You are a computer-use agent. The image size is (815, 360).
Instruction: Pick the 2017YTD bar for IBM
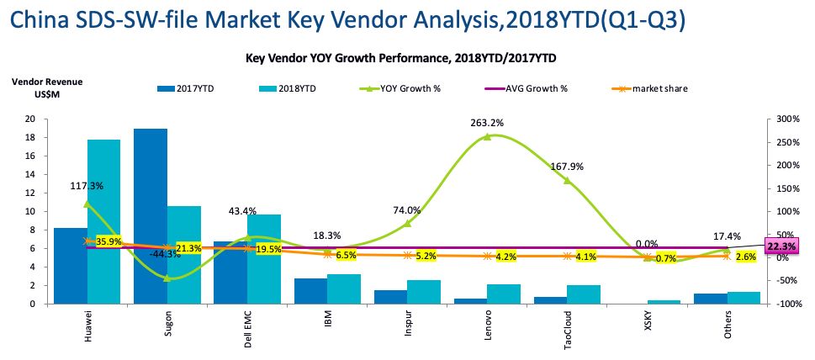[310, 291]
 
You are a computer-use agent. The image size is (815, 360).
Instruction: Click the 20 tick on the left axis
[29, 119]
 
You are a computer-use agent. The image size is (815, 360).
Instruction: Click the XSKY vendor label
[649, 322]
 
